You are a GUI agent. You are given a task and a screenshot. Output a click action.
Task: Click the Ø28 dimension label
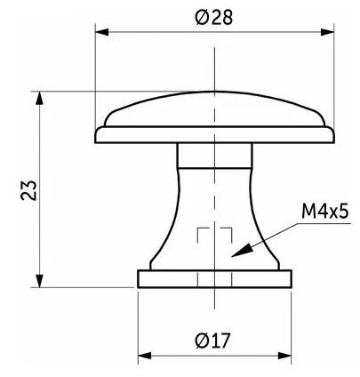tap(214, 18)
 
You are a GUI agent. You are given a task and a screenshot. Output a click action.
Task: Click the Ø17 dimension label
tap(212, 341)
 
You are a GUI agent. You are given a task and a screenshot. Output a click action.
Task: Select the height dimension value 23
tap(29, 190)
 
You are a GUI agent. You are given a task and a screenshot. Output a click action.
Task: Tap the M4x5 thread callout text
tap(325, 212)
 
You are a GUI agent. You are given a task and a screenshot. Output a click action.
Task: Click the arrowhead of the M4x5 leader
tap(242, 251)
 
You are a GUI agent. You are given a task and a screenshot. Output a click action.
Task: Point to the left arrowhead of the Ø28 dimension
tap(101, 32)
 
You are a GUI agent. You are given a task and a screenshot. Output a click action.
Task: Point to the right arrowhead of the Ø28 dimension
tap(327, 32)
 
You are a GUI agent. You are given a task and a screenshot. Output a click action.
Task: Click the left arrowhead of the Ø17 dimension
tap(145, 356)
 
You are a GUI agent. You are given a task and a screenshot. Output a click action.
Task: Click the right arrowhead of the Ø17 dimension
tap(284, 356)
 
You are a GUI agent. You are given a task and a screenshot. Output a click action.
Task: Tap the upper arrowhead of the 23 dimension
tap(39, 98)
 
